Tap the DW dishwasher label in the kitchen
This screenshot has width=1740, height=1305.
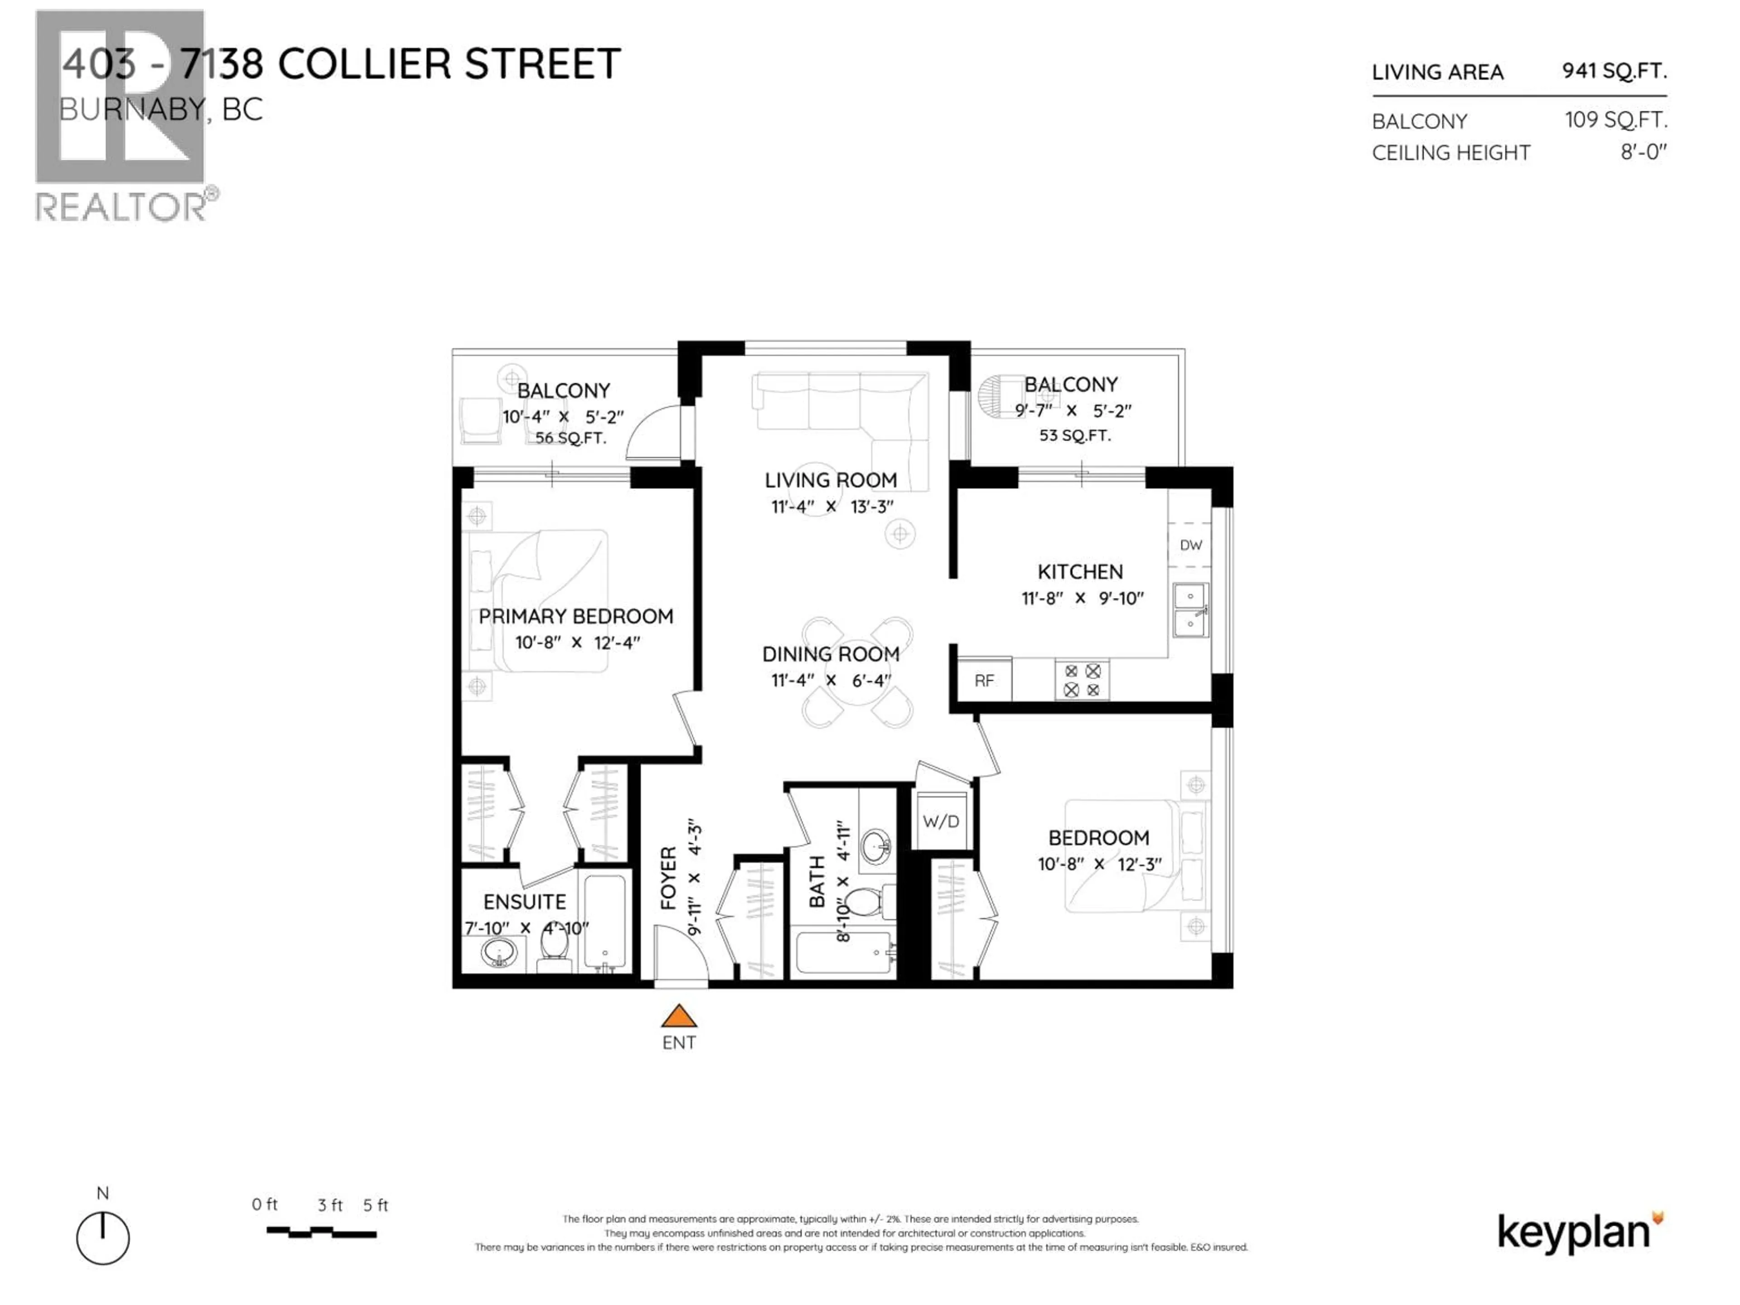(x=1190, y=544)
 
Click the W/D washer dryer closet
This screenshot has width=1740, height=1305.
(x=941, y=821)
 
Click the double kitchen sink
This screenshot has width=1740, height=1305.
(x=1190, y=609)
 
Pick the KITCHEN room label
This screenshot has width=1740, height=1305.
(x=1080, y=572)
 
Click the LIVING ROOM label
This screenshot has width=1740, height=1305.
(x=831, y=480)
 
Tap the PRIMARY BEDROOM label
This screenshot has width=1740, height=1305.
(x=576, y=616)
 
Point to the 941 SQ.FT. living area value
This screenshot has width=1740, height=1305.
(x=1614, y=71)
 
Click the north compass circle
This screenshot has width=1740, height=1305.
(x=103, y=1238)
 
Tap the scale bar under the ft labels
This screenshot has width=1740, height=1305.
(x=321, y=1232)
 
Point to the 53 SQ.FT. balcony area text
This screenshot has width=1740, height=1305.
(x=1074, y=435)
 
